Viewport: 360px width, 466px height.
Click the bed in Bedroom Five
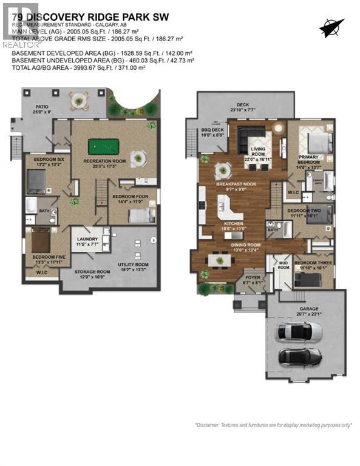coord(41,239)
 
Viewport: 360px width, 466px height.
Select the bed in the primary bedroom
coord(318,143)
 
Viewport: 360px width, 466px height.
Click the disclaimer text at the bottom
coord(273,425)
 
